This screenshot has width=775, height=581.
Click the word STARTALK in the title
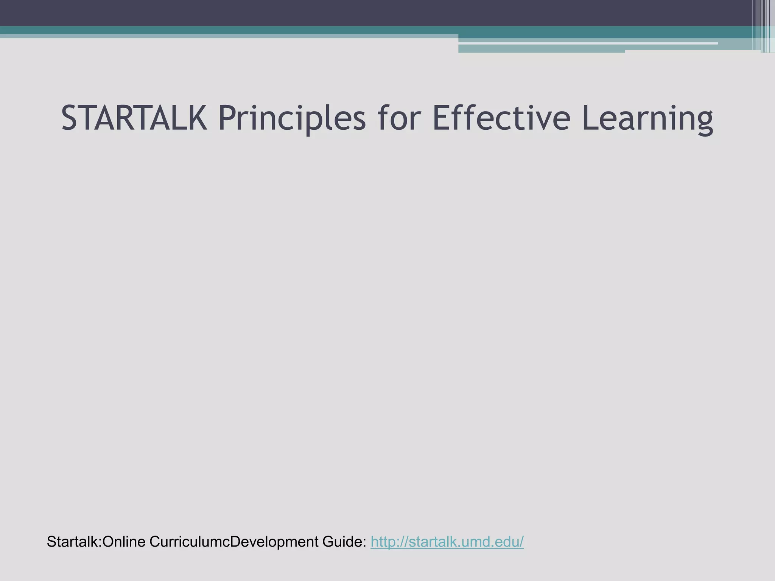tap(134, 118)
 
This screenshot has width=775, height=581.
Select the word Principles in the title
tap(292, 118)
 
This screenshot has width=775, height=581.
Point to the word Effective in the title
tap(501, 118)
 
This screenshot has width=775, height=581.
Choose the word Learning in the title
tap(647, 118)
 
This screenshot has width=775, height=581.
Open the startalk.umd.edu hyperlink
tap(447, 542)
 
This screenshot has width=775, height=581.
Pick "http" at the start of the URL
tap(383, 542)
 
